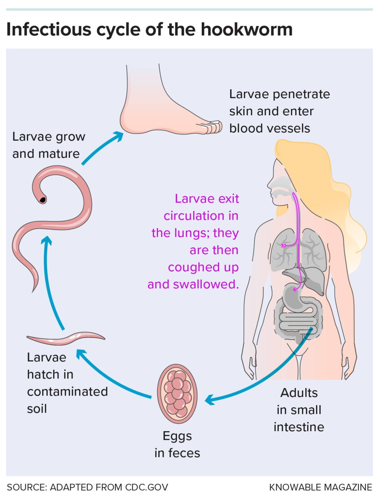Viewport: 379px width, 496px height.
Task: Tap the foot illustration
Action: coord(155,111)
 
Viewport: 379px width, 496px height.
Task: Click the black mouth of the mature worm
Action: coord(43,200)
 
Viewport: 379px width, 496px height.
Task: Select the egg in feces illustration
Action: coord(177,393)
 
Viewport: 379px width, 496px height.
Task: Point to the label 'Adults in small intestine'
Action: coord(299,410)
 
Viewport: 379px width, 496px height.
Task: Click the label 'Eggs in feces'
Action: coord(177,445)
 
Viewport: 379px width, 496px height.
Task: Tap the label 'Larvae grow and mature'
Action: coord(48,145)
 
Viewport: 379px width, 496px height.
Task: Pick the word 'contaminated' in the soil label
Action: coord(67,392)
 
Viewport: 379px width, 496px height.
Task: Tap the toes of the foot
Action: coord(212,127)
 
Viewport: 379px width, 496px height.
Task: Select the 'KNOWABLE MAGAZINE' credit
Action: coord(321,487)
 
